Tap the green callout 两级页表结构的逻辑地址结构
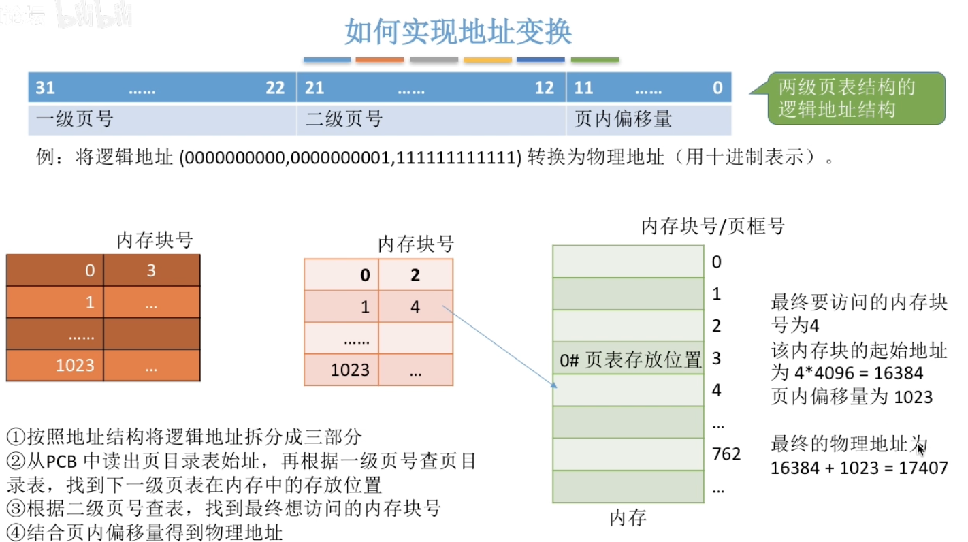(x=856, y=99)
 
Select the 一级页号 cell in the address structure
(x=162, y=120)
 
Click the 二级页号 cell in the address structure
(x=431, y=120)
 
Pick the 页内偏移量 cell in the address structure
(x=648, y=120)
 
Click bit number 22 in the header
(x=275, y=89)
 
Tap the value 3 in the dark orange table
(x=151, y=270)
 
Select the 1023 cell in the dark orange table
(x=75, y=365)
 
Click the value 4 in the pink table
(x=415, y=307)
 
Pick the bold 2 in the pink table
(x=415, y=275)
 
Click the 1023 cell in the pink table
(x=350, y=370)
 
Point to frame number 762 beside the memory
(x=726, y=453)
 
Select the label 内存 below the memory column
(x=627, y=518)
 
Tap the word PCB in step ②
(x=63, y=461)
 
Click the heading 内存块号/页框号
(x=713, y=226)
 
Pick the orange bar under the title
(x=380, y=60)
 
